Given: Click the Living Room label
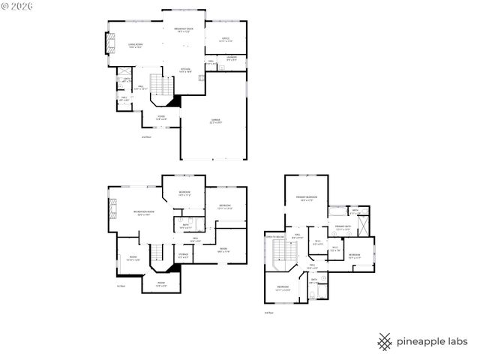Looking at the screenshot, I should (136, 46).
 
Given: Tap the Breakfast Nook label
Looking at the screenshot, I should (184, 31).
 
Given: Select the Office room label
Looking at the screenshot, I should (226, 39).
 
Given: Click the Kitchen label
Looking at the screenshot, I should (185, 70).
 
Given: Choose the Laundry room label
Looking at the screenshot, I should (232, 58).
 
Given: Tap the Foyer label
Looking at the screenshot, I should (160, 118).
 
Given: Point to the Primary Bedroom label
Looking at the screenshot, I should (304, 199).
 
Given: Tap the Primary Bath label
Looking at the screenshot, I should (343, 227).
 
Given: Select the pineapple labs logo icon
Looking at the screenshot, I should (385, 341).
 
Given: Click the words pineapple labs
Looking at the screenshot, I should (430, 342).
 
